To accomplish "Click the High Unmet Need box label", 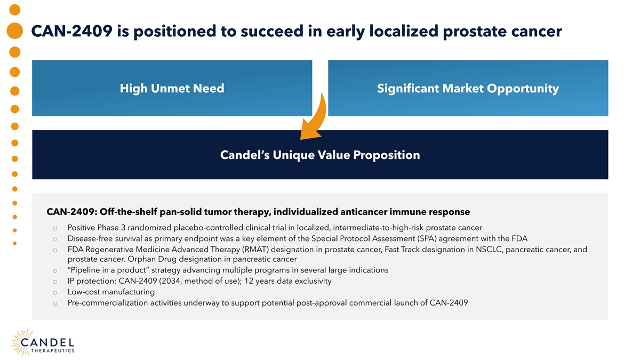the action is click(x=172, y=89).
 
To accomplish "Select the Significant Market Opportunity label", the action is click(x=468, y=89).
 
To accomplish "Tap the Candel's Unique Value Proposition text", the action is click(x=320, y=155).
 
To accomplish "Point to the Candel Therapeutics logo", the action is click(x=43, y=342).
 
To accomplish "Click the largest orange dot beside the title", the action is click(x=15, y=30).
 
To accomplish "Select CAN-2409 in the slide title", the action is click(x=71, y=31).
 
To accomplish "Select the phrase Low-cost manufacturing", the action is click(x=111, y=292).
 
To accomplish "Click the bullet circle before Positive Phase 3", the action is click(x=55, y=228).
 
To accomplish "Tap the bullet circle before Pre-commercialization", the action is click(x=55, y=303).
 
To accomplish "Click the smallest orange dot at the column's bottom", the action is click(x=15, y=243).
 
